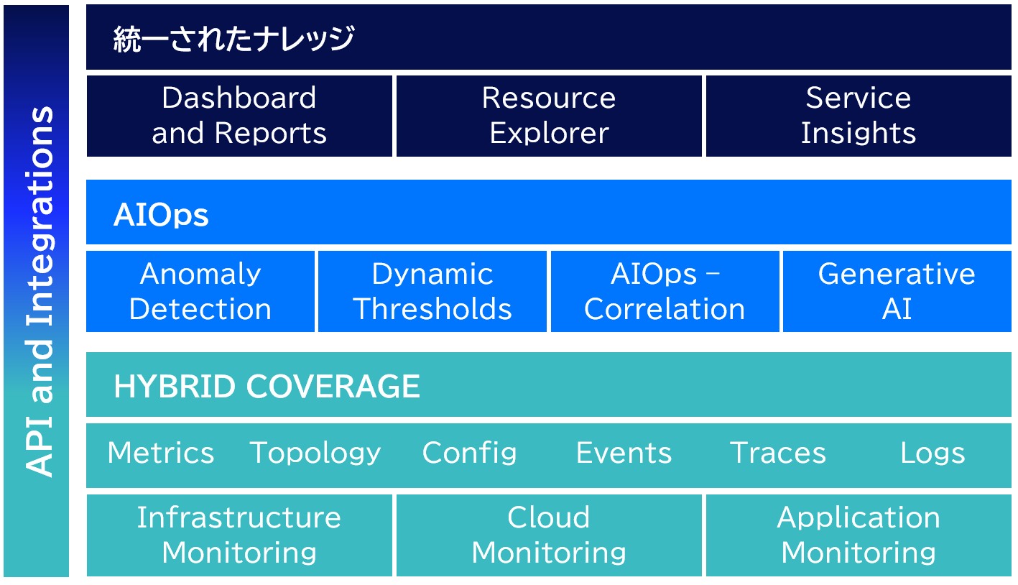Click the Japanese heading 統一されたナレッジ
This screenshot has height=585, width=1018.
(x=233, y=39)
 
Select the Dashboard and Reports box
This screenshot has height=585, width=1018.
(x=239, y=116)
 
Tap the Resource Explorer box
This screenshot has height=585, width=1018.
(x=549, y=116)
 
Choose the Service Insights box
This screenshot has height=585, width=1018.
(x=859, y=116)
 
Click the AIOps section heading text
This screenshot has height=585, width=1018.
(x=161, y=215)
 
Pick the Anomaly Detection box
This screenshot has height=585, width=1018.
(x=200, y=291)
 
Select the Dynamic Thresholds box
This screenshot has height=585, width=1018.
(x=432, y=291)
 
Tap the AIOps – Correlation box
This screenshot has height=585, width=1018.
(x=665, y=291)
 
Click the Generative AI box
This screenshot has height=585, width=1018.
(x=897, y=291)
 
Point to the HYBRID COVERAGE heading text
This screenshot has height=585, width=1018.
(x=267, y=387)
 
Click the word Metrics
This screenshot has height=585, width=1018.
(x=161, y=453)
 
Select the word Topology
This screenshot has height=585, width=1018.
(x=315, y=453)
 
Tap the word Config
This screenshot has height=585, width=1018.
(x=469, y=453)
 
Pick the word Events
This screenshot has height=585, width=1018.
(x=624, y=453)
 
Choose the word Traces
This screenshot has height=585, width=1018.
(x=778, y=453)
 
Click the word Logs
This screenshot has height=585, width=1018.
(x=933, y=453)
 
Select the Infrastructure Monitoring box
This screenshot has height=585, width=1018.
(x=239, y=535)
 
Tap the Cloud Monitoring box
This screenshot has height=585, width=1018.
(x=549, y=535)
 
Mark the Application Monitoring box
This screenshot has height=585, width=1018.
(x=859, y=535)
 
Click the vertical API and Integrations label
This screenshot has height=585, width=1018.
(x=40, y=291)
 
